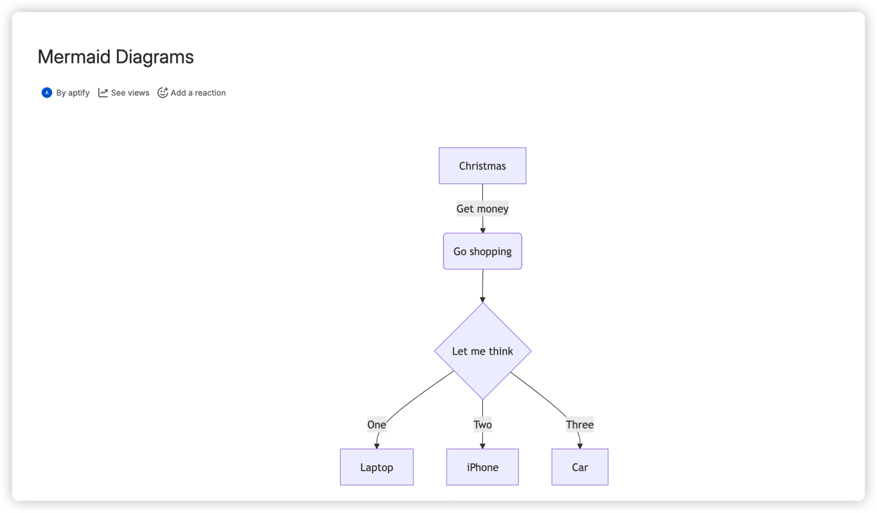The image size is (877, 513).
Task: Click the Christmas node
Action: point(482,166)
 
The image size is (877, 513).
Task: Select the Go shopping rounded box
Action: point(482,251)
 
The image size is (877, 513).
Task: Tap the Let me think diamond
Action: point(482,351)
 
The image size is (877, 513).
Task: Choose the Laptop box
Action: point(377,467)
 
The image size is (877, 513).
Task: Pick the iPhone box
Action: point(482,467)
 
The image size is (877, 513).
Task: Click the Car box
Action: point(580,467)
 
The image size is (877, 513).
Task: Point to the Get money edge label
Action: point(482,208)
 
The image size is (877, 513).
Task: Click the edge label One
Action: point(377,424)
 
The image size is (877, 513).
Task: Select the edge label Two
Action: point(482,424)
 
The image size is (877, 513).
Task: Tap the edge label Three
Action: point(580,424)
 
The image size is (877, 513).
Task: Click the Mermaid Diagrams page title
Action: point(116,57)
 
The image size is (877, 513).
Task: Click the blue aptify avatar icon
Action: point(47,93)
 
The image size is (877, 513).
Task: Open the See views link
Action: point(130,93)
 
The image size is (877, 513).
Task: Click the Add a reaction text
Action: point(198,93)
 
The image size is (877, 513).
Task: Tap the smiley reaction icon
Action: point(162,93)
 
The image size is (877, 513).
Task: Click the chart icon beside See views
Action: point(103,93)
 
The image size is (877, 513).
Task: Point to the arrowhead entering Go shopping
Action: point(482,230)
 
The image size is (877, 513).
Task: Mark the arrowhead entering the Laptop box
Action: point(377,446)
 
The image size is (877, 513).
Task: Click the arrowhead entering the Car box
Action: point(580,446)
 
